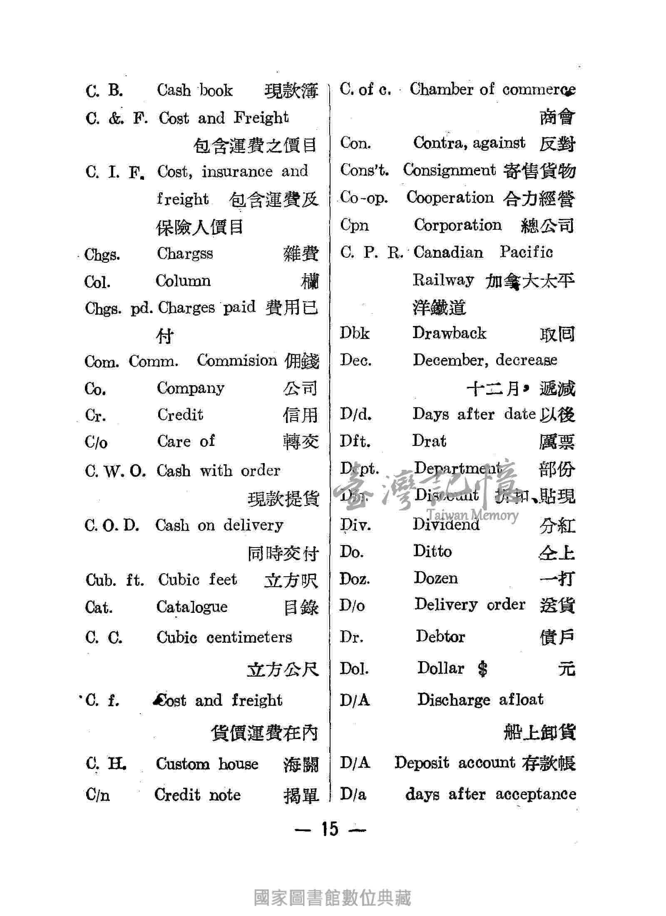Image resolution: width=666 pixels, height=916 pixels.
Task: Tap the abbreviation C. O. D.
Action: coord(112,525)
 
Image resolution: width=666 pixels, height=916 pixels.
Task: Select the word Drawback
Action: coord(449,333)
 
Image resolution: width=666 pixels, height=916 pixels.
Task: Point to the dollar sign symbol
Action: coord(482,669)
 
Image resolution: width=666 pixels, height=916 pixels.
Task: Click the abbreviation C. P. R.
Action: coord(370,253)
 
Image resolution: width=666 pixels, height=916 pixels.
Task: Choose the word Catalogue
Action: coord(192,607)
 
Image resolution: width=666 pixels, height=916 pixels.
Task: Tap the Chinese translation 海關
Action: coord(301,765)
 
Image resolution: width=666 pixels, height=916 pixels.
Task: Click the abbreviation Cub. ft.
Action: coord(114,580)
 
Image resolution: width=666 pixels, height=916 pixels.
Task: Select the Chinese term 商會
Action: coord(557,117)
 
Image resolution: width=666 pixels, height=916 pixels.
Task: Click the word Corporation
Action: coord(457,225)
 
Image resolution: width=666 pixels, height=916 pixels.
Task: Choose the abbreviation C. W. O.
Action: coord(115,471)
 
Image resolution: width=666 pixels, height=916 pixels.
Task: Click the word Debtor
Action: coord(440,636)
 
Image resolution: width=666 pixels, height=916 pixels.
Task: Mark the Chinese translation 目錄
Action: coord(301,608)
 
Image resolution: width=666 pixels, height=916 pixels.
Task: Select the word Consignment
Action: coord(450,170)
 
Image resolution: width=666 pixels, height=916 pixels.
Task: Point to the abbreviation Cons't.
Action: coord(364,170)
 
